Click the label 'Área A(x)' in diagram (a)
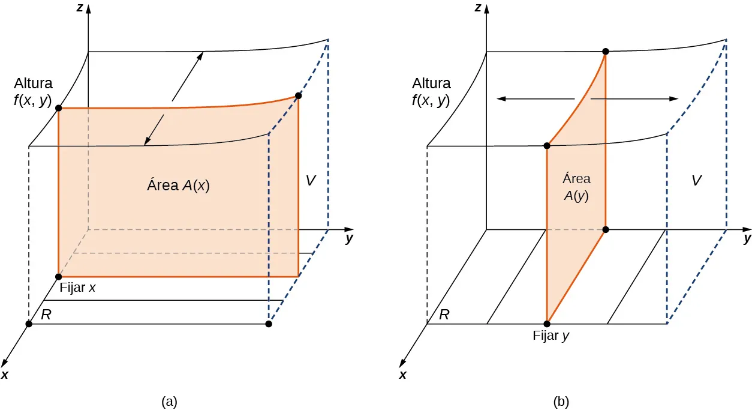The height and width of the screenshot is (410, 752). point(178,185)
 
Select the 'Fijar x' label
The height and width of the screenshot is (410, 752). point(78,288)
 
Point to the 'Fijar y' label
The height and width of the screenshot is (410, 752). point(551,336)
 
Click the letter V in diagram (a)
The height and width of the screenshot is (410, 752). point(310,180)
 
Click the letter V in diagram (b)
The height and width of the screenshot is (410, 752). point(696,180)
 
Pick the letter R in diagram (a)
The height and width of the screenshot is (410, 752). point(46,314)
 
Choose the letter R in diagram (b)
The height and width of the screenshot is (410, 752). point(444,314)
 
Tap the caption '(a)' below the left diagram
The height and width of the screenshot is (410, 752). point(169,400)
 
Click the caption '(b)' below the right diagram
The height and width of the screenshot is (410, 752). point(561,400)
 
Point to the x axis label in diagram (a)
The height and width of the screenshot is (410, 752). point(5,375)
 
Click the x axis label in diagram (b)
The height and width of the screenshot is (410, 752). point(403,375)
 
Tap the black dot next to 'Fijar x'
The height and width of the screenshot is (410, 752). point(58,277)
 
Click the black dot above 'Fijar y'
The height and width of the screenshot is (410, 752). point(546,324)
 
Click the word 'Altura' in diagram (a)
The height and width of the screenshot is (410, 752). point(34,83)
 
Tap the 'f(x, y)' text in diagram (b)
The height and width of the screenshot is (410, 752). point(431,100)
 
